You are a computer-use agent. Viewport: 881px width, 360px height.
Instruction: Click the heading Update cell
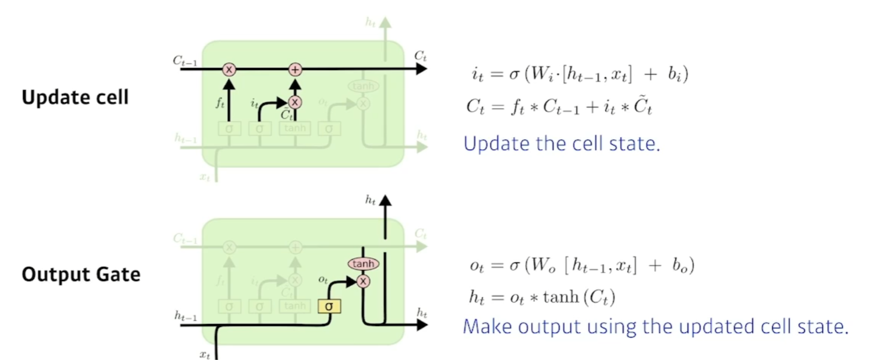tap(75, 97)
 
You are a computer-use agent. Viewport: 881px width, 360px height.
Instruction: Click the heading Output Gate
tap(81, 274)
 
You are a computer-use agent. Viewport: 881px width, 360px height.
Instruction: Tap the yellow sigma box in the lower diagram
tap(329, 306)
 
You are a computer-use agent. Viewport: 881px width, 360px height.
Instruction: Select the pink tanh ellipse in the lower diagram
tap(363, 264)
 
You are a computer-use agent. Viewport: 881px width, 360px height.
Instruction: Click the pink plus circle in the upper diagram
tap(295, 69)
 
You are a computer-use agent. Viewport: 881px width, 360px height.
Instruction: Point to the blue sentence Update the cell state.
tap(562, 144)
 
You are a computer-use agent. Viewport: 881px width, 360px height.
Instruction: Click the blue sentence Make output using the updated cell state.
tap(655, 326)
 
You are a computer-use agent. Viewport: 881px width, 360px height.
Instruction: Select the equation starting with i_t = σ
tap(580, 74)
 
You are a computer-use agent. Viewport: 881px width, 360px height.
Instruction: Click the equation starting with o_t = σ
tap(581, 265)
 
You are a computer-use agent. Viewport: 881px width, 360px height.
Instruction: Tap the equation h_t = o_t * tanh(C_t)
tap(542, 298)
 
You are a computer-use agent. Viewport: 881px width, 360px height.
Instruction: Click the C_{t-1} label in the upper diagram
tap(185, 61)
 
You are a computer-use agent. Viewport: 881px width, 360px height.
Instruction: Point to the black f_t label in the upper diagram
tap(220, 103)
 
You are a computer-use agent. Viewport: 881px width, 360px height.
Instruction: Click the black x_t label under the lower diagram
tap(204, 354)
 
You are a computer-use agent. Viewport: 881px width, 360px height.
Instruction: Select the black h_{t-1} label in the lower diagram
tap(186, 316)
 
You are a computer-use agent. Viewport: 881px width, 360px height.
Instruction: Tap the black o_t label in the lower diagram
tap(323, 280)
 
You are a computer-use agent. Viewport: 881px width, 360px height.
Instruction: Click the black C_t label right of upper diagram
tap(420, 56)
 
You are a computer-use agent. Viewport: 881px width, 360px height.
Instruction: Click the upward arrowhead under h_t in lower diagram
tap(385, 201)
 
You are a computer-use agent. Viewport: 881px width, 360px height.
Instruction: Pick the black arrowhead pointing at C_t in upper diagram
tap(422, 69)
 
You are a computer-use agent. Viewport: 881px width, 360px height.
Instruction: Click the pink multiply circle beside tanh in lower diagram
tap(363, 281)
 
